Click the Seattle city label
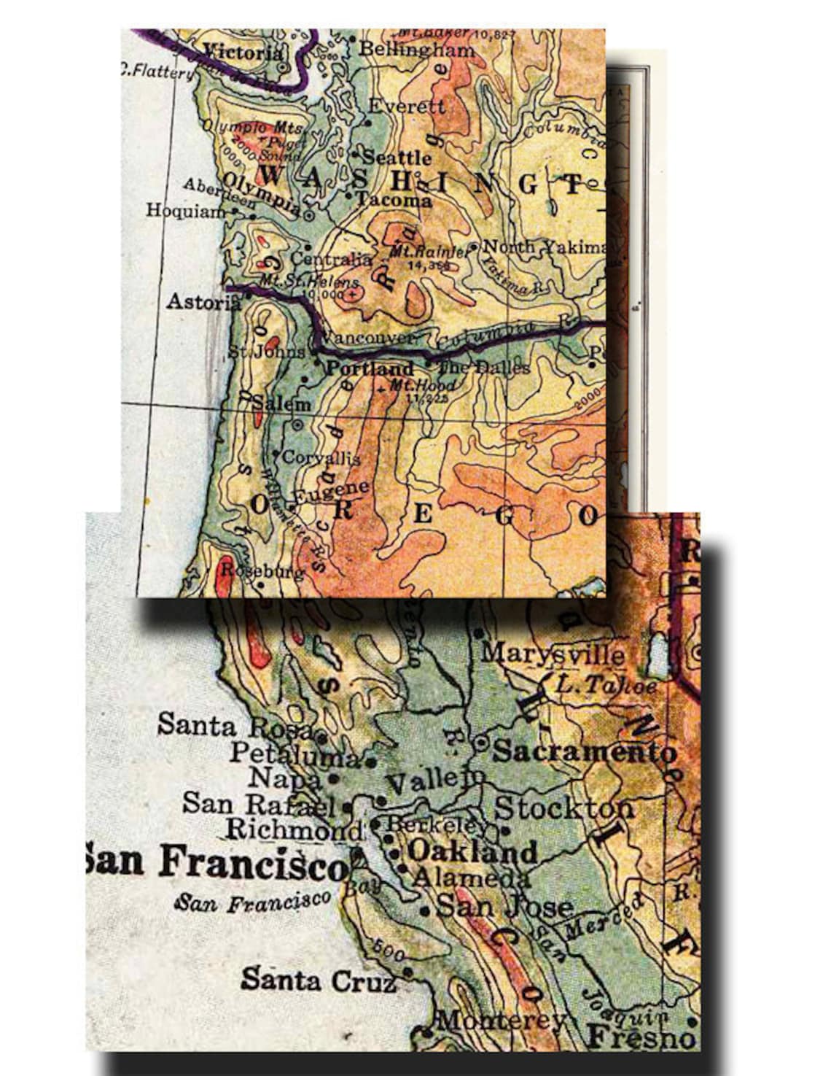tap(397, 157)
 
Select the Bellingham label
tap(417, 50)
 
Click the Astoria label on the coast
tap(198, 301)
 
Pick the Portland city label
tap(369, 368)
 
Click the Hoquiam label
tap(186, 210)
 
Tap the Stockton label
tap(564, 808)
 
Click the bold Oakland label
tap(472, 851)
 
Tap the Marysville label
tap(553, 653)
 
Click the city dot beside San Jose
tap(425, 911)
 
